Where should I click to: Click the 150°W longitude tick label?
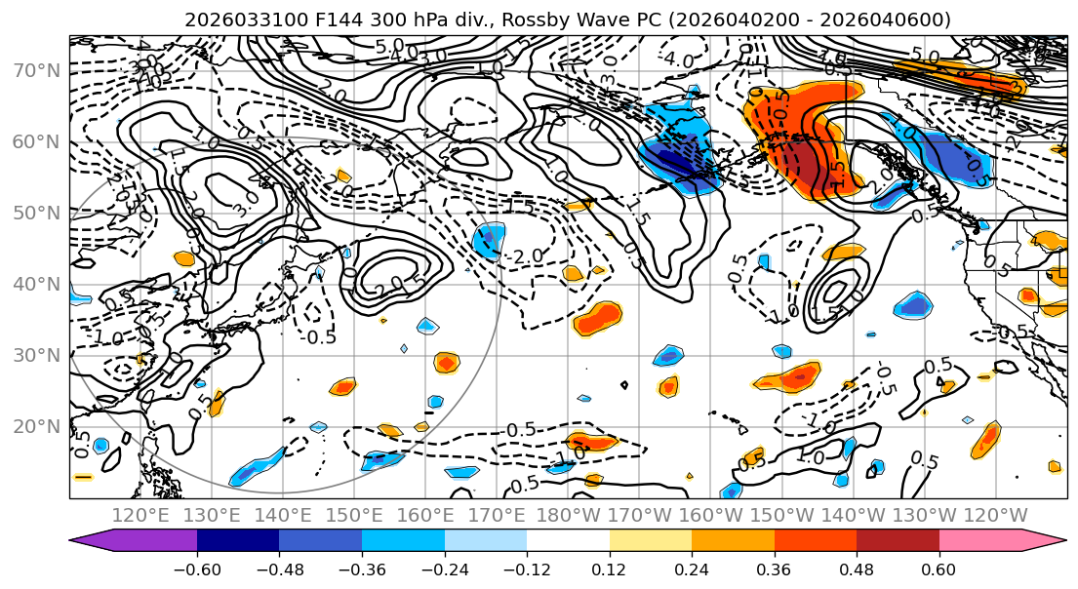pyautogui.click(x=782, y=515)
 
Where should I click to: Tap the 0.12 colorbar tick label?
pyautogui.click(x=609, y=569)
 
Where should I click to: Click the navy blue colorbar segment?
pyautogui.click(x=237, y=541)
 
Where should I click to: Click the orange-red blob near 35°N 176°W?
pyautogui.click(x=596, y=318)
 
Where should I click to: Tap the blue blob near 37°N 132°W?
pyautogui.click(x=914, y=305)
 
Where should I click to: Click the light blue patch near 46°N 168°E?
pyautogui.click(x=489, y=240)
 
